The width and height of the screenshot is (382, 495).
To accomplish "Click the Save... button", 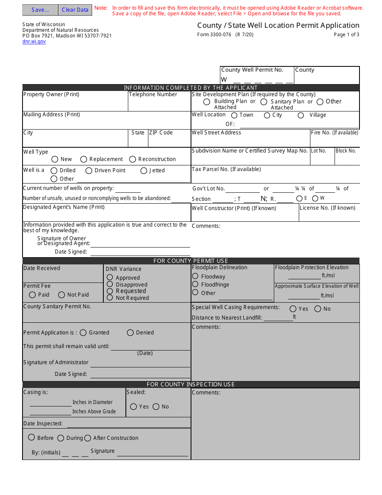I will [x=40, y=10].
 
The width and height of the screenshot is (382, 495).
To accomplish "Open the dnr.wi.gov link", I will [x=34, y=41].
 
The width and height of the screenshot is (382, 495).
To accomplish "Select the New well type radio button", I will [x=55, y=159].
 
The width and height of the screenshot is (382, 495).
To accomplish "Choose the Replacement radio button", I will [x=84, y=159].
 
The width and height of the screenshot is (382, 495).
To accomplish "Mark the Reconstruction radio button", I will [x=133, y=159].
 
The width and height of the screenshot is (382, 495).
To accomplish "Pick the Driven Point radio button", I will [x=89, y=171].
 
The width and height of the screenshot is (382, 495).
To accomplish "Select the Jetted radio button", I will [x=144, y=171].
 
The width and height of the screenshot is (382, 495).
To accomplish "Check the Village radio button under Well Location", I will [x=301, y=115].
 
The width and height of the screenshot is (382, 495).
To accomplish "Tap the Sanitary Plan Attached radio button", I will [x=264, y=102].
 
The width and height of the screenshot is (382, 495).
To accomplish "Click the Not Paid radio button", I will [x=62, y=295].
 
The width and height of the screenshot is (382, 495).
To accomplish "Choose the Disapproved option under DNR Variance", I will [x=110, y=284].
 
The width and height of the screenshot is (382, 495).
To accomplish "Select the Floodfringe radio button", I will [x=195, y=284].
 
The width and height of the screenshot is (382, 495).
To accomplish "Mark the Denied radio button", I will [x=130, y=333].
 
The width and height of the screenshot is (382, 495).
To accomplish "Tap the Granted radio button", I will [x=83, y=333].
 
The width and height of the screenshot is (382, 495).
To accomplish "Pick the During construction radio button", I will [x=61, y=438].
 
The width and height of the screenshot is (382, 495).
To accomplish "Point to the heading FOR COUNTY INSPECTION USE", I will [x=191, y=384].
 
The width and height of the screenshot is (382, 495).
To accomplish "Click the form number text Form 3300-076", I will [x=214, y=35].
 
